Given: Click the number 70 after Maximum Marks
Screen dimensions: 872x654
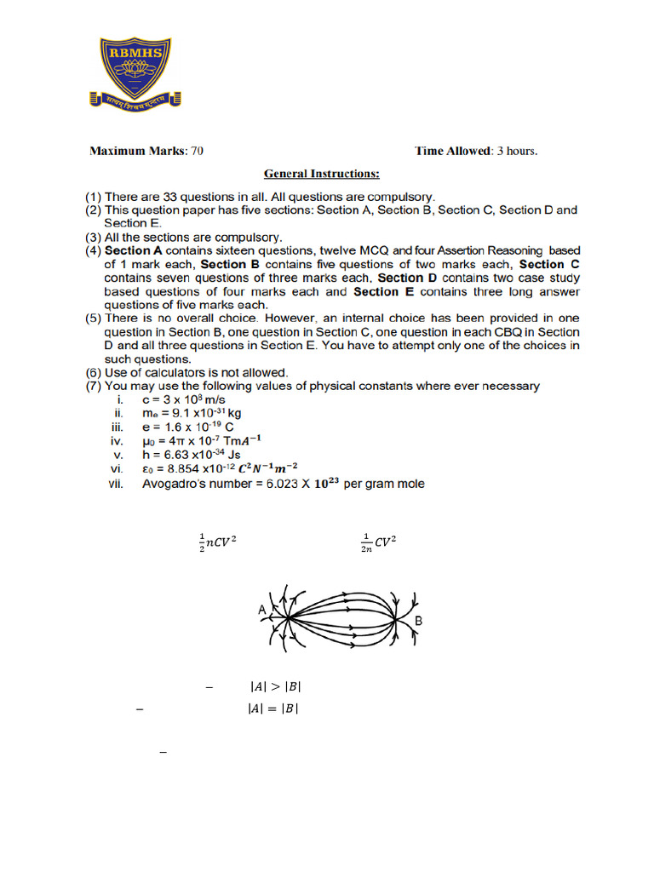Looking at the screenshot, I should (x=197, y=152).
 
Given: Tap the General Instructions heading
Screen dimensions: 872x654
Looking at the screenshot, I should (x=321, y=174).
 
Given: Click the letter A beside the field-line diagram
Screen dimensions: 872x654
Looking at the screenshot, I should (x=261, y=609).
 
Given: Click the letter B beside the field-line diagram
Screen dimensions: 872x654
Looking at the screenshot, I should (x=419, y=622).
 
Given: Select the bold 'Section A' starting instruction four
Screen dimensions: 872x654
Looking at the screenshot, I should (x=130, y=251).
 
